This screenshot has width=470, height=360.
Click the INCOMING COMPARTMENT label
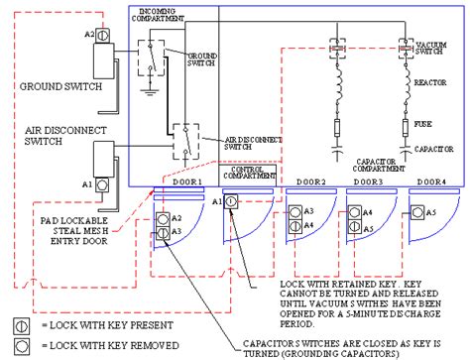click(x=164, y=16)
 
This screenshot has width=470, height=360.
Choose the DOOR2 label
click(x=309, y=182)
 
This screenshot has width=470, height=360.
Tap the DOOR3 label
click(x=368, y=182)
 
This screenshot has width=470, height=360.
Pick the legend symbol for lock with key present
click(x=17, y=324)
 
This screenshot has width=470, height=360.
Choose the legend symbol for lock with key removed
click(x=17, y=345)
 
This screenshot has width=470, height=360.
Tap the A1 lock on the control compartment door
click(x=230, y=201)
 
